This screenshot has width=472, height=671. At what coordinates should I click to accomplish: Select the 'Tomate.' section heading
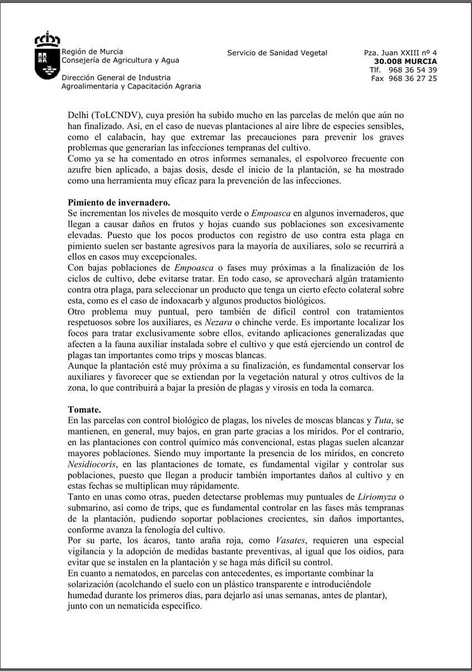(x=84, y=409)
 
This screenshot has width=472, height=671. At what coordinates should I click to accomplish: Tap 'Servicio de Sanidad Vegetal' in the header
(x=277, y=53)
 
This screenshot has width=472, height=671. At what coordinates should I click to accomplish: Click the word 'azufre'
(x=80, y=169)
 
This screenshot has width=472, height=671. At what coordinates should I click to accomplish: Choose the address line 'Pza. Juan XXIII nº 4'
(x=400, y=53)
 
